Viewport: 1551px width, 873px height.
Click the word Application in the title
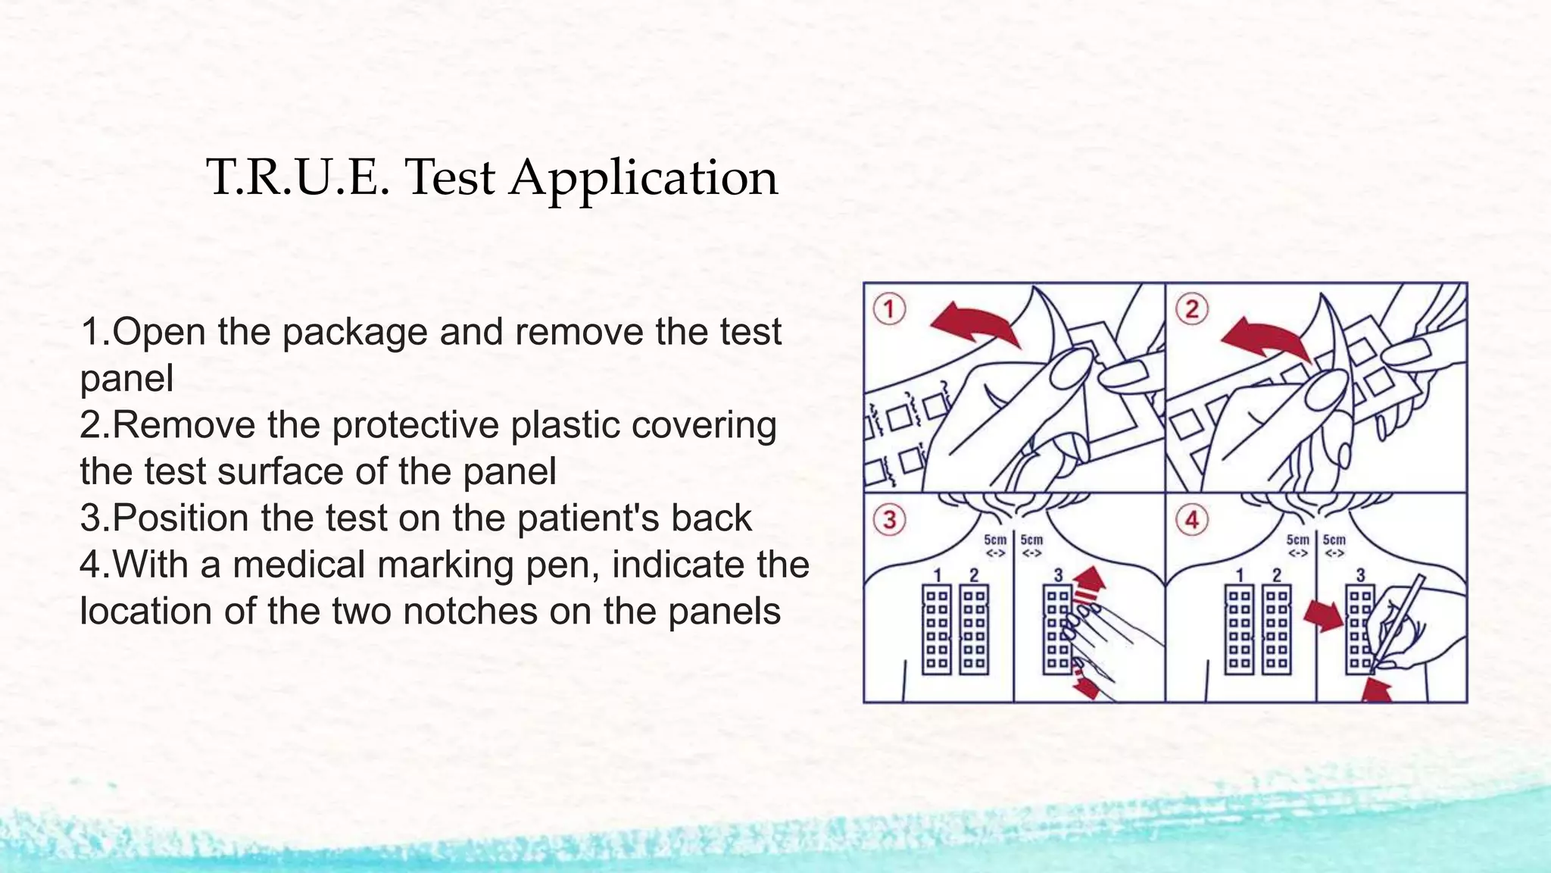pyautogui.click(x=643, y=179)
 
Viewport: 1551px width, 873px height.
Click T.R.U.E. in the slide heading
pyautogui.click(x=298, y=179)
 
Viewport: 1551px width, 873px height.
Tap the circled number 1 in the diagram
pyautogui.click(x=889, y=309)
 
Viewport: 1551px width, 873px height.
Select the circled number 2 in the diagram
pyautogui.click(x=1191, y=309)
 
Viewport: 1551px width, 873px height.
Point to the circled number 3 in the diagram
pyautogui.click(x=889, y=520)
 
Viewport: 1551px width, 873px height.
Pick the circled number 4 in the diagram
pyautogui.click(x=1191, y=520)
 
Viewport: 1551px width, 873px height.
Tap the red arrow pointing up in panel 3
pyautogui.click(x=1089, y=579)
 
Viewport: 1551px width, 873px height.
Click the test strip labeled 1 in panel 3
pyautogui.click(x=937, y=629)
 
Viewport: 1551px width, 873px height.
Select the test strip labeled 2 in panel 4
pyautogui.click(x=1277, y=629)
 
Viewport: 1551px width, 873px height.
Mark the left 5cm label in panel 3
pyautogui.click(x=995, y=540)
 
